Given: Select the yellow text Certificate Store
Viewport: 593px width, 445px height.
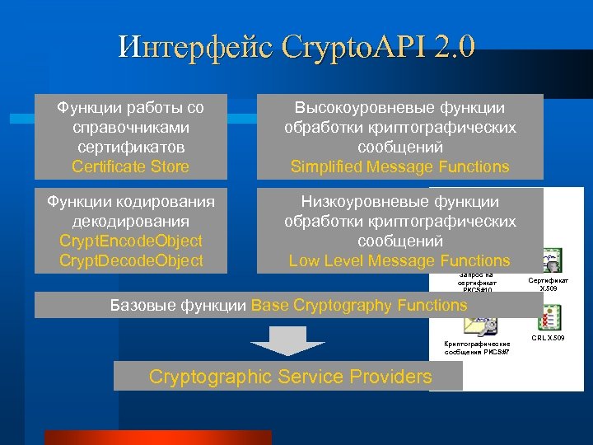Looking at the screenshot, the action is coord(130,167).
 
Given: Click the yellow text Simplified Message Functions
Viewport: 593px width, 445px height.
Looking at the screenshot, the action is coord(400,167).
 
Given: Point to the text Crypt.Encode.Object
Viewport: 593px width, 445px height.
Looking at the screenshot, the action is coord(130,241).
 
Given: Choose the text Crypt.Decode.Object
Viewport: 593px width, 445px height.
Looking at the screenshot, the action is coord(130,261).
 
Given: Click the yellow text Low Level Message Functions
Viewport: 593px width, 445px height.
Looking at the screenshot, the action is coord(400,261).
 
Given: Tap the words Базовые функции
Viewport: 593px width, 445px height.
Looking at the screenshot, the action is coord(179,306).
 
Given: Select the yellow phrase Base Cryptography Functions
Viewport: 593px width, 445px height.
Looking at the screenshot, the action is coord(359,306).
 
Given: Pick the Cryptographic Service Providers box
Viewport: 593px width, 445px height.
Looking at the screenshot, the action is coord(290,377).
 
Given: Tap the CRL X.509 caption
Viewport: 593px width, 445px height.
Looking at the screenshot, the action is coord(548,338).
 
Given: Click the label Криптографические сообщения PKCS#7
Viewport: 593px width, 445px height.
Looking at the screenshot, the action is coord(476,348).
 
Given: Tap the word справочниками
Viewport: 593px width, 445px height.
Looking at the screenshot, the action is coord(130,128).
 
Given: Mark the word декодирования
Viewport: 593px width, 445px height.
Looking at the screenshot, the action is coord(130,222).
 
